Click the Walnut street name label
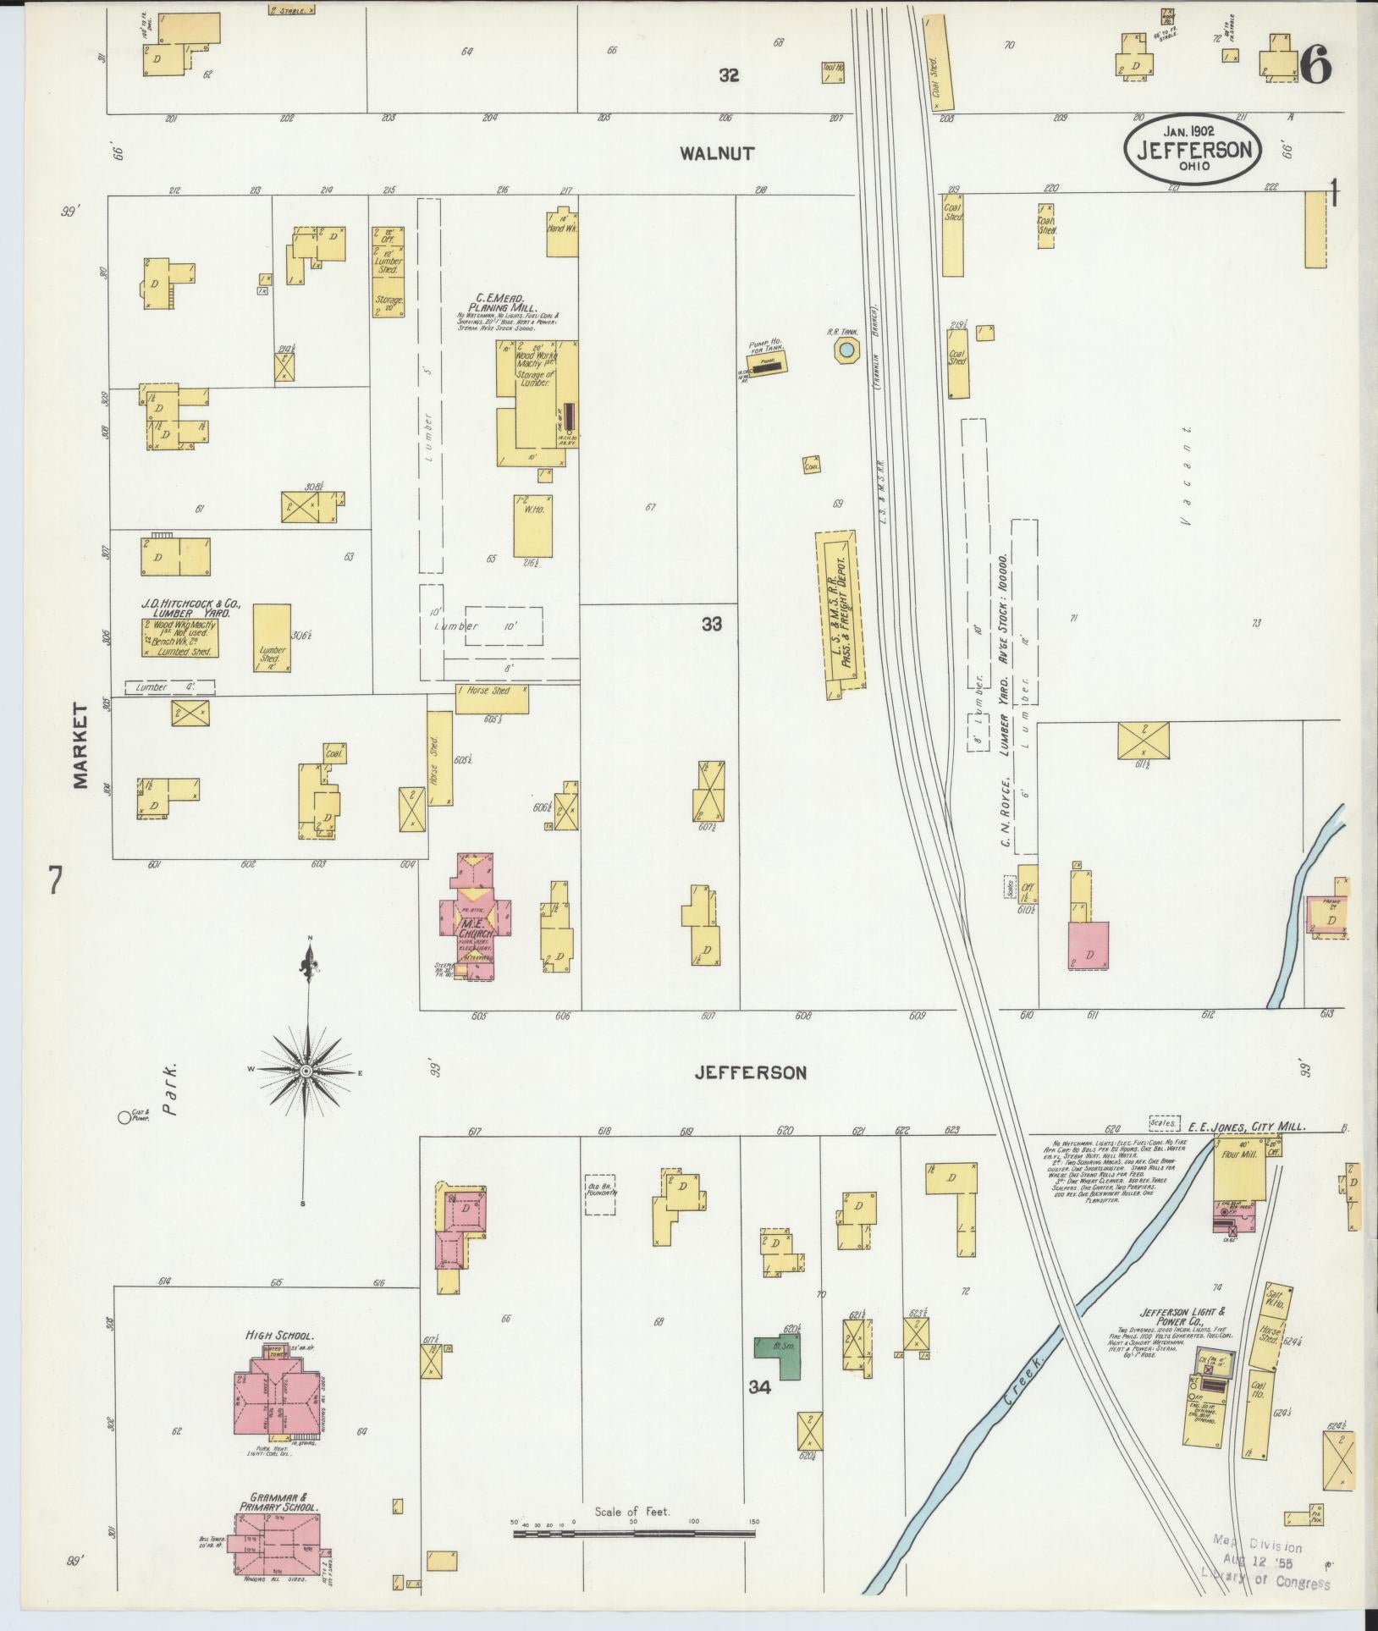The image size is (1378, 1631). [x=717, y=153]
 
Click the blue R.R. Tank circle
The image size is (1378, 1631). [x=845, y=350]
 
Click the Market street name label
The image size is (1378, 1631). [x=81, y=745]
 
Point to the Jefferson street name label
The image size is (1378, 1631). [x=750, y=1072]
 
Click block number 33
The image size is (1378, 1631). [x=712, y=624]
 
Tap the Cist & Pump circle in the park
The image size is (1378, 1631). [x=124, y=1117]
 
